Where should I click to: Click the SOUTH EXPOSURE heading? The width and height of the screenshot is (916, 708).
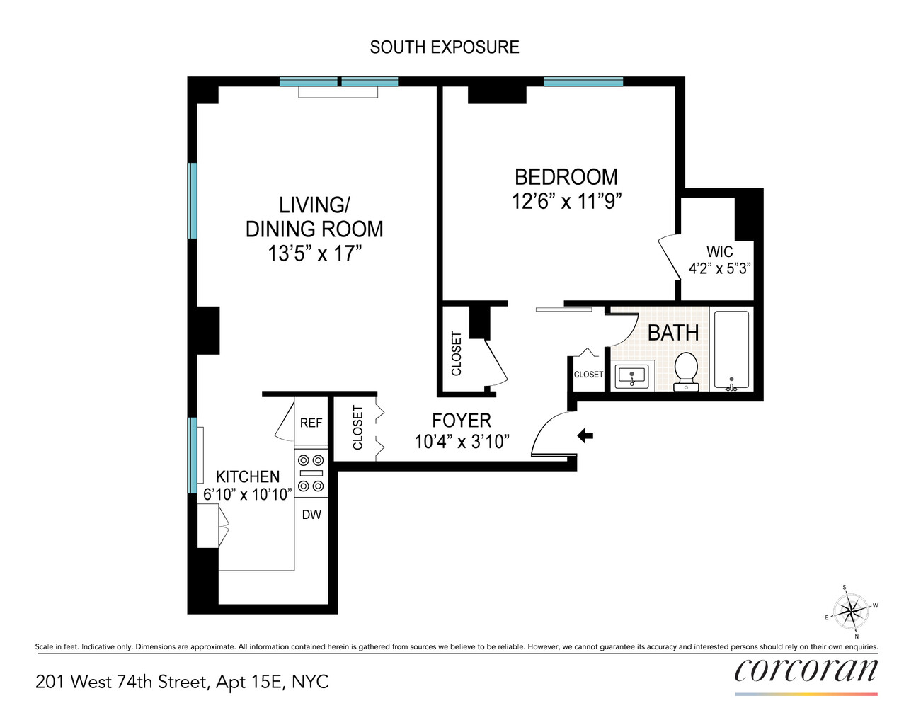(445, 47)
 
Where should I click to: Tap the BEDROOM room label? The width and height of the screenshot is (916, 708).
(566, 177)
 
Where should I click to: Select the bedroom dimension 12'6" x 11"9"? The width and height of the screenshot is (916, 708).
(566, 202)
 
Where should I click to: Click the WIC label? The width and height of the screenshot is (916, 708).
(719, 252)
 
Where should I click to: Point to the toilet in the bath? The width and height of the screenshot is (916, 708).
(685, 370)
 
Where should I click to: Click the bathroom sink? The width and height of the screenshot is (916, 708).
(631, 376)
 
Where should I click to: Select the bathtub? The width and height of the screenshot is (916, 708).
(731, 350)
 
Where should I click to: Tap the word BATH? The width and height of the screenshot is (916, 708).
(673, 333)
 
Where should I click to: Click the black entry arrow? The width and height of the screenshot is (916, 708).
(585, 435)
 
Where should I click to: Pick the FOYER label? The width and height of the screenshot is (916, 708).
(462, 420)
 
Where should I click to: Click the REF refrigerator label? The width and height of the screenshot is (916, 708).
(311, 423)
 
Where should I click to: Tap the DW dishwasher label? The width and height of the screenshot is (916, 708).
(311, 515)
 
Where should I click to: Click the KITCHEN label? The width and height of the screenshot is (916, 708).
(248, 476)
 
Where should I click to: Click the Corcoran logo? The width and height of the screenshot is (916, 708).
(806, 670)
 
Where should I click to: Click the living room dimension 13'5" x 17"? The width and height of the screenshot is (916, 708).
(314, 253)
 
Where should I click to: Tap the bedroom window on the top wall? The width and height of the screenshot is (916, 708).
(583, 82)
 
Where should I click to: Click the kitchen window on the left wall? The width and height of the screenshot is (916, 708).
(192, 455)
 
